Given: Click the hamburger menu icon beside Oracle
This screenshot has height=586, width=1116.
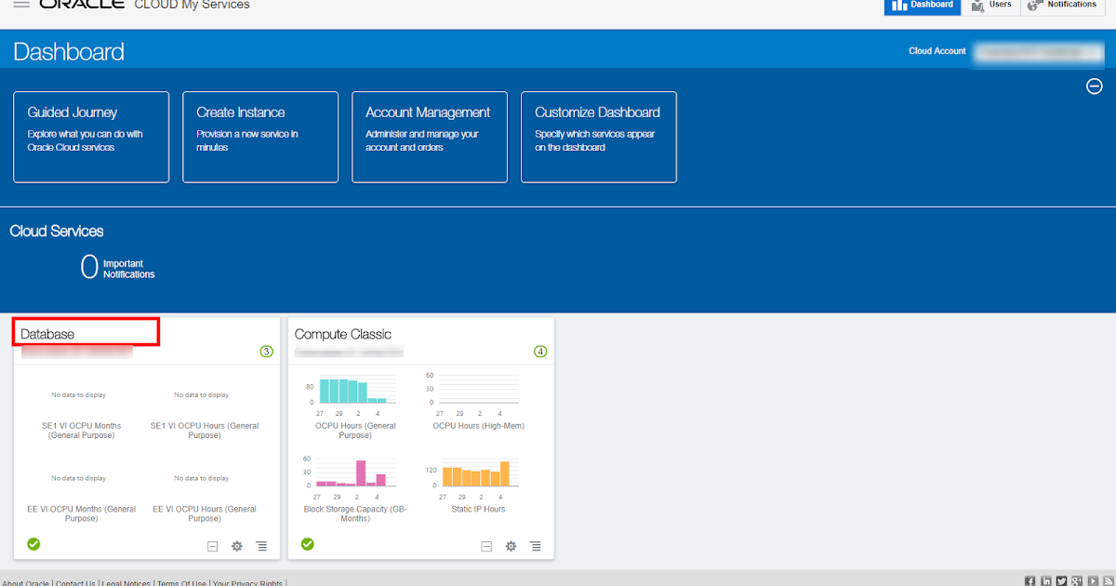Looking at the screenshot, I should pyautogui.click(x=21, y=5).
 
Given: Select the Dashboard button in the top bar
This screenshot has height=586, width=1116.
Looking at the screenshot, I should pyautogui.click(x=921, y=6).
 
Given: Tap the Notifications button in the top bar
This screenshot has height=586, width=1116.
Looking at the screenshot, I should pyautogui.click(x=1062, y=6).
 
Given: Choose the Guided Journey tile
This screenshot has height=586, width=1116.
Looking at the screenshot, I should pyautogui.click(x=91, y=137).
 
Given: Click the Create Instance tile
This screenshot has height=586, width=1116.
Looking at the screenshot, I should pyautogui.click(x=260, y=137).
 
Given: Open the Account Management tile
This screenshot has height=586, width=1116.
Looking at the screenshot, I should pyautogui.click(x=430, y=137).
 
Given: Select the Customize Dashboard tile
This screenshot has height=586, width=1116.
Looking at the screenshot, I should pyautogui.click(x=599, y=137).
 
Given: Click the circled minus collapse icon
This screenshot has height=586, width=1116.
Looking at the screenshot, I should pyautogui.click(x=1095, y=87).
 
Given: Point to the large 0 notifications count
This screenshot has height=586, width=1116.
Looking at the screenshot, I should pyautogui.click(x=89, y=268).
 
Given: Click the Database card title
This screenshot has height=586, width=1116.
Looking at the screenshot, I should pyautogui.click(x=47, y=334).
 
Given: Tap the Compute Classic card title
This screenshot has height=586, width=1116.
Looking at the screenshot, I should pyautogui.click(x=343, y=334).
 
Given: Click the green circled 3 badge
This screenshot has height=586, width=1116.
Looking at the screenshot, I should pyautogui.click(x=267, y=352).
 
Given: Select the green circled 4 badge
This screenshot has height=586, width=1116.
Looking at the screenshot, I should pyautogui.click(x=540, y=352).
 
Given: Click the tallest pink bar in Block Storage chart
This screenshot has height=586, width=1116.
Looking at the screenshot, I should pyautogui.click(x=361, y=473).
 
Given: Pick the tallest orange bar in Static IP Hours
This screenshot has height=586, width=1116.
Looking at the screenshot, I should pyautogui.click(x=505, y=473).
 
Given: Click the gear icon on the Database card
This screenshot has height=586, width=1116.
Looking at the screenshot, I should pyautogui.click(x=237, y=546).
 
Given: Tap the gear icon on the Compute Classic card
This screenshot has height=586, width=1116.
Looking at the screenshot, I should pyautogui.click(x=511, y=546).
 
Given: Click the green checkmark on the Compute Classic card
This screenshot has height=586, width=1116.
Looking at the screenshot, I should pyautogui.click(x=308, y=544).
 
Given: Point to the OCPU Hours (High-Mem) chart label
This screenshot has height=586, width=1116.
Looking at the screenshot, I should pyautogui.click(x=479, y=426).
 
